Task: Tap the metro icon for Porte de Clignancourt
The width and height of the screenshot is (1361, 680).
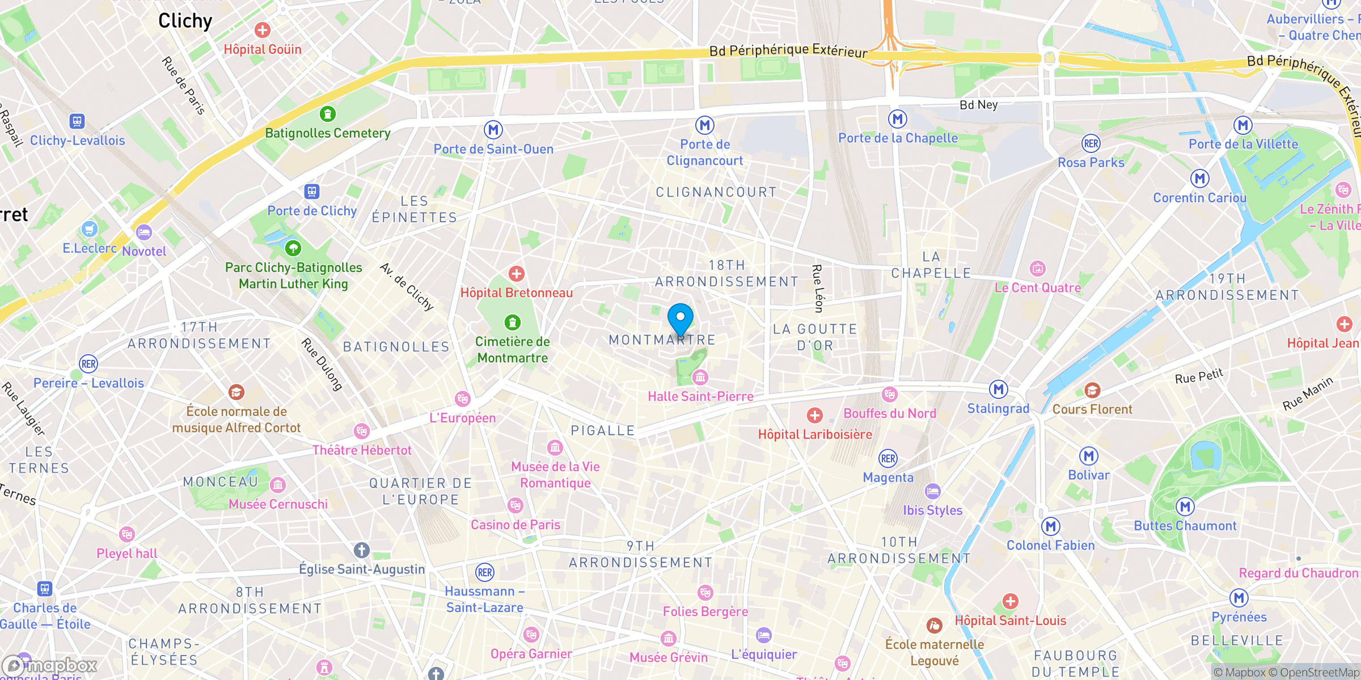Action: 704,125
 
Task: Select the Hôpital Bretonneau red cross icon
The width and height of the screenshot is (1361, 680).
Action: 516,274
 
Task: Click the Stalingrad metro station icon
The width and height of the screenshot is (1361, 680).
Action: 998,389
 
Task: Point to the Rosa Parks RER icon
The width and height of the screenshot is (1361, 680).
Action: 1091,143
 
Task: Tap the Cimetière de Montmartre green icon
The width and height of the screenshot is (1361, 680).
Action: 513,322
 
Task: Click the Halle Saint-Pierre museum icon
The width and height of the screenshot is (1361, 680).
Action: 700,377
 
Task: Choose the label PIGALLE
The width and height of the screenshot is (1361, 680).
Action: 603,431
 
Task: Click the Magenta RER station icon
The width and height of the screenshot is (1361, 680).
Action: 888,458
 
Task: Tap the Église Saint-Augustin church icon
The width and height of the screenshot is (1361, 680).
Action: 362,550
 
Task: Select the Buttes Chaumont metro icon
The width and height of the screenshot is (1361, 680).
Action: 1185,507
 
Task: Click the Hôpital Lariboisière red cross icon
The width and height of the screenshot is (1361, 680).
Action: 815,415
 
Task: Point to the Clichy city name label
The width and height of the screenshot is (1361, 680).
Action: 185,21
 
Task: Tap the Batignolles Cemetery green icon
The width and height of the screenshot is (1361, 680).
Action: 327,114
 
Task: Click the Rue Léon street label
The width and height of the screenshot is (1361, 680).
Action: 818,288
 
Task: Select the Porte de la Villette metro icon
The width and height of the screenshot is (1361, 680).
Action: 1243,125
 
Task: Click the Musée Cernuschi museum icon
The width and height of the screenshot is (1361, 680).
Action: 278,485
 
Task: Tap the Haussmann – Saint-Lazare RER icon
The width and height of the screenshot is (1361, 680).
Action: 485,572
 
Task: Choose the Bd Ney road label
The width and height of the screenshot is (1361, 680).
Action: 978,105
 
